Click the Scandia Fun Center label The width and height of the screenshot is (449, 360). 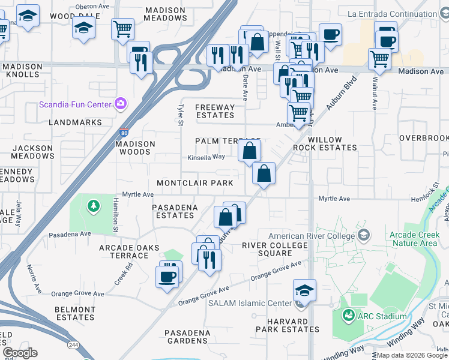(x=75, y=104)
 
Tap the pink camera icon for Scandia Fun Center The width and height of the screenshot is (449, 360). (x=121, y=104)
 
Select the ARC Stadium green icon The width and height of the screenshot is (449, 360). (x=347, y=314)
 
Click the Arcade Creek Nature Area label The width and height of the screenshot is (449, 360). (x=413, y=239)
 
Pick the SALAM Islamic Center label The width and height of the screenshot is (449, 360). (x=249, y=302)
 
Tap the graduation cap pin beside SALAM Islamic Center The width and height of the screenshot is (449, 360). (x=304, y=291)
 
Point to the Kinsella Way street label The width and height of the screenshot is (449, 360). (x=206, y=157)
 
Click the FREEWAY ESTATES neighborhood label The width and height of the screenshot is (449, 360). (x=215, y=111)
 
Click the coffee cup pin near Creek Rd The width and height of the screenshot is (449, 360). (x=167, y=277)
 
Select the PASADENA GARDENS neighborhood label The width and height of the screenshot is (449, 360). (x=187, y=337)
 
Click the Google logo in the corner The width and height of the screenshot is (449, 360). (x=20, y=353)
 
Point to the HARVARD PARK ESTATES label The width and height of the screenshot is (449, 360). (x=287, y=325)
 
